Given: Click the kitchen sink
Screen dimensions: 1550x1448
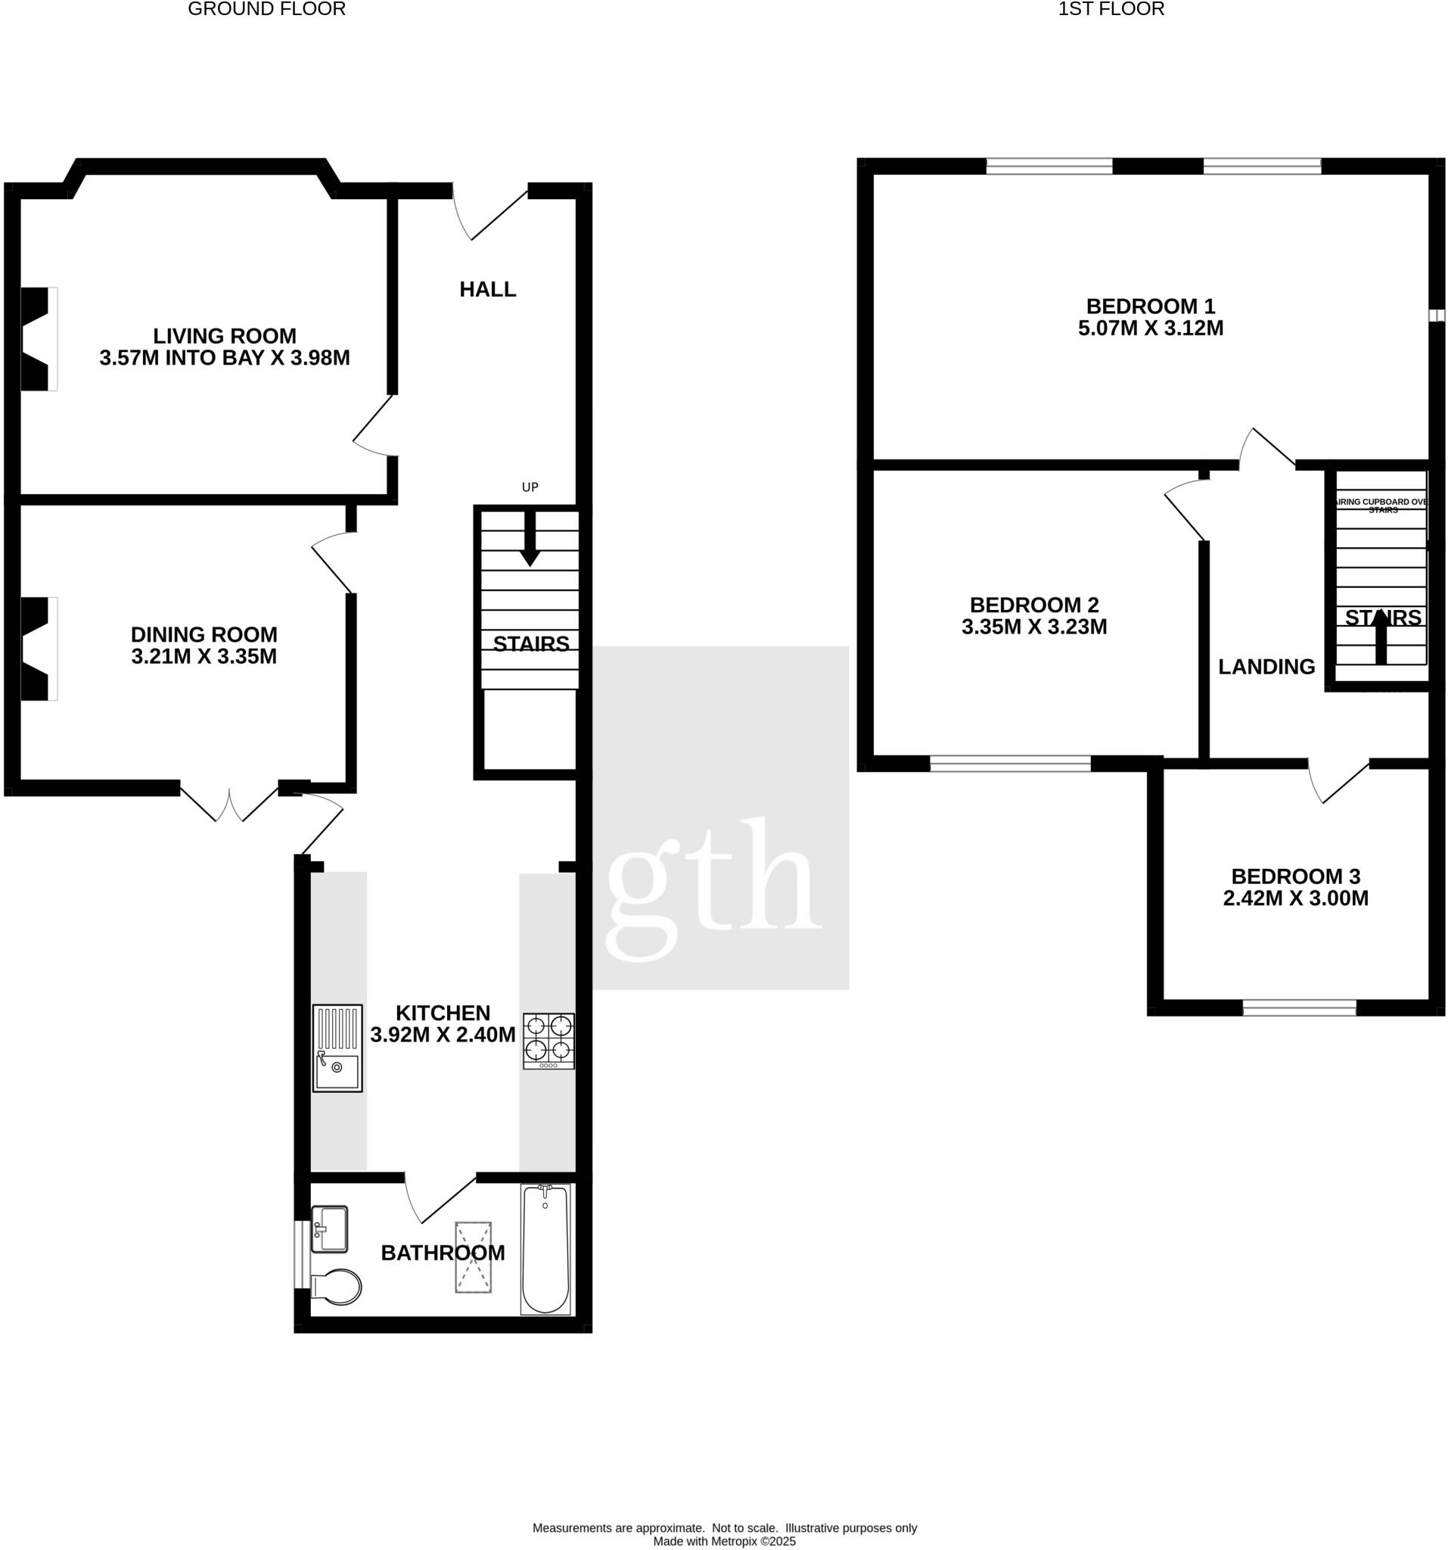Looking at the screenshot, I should point(337,1047).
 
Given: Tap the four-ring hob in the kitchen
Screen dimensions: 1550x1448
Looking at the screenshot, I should point(548,1040).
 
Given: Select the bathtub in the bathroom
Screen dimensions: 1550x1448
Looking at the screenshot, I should point(545,1249).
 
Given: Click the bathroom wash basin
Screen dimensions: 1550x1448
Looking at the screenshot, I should point(329,1230).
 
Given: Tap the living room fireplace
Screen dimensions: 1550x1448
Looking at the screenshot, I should point(38,338).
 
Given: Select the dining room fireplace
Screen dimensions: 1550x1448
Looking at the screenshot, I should point(38,648).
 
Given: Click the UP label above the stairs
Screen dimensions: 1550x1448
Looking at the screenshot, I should point(530,487).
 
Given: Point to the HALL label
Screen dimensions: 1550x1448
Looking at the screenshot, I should point(488,289).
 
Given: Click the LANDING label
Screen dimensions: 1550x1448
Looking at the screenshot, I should point(1266,667).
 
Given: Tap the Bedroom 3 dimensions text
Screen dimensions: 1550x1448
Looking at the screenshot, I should point(1295,898).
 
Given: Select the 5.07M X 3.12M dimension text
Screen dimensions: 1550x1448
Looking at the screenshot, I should point(1150,328).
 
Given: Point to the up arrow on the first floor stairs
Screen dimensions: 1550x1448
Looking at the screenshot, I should point(1381,636).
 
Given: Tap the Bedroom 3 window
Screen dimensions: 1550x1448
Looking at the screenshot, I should point(1299,1007).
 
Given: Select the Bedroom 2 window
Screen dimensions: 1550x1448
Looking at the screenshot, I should point(1010,764).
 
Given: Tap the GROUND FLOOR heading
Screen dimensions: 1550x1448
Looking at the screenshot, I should point(266,9).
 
